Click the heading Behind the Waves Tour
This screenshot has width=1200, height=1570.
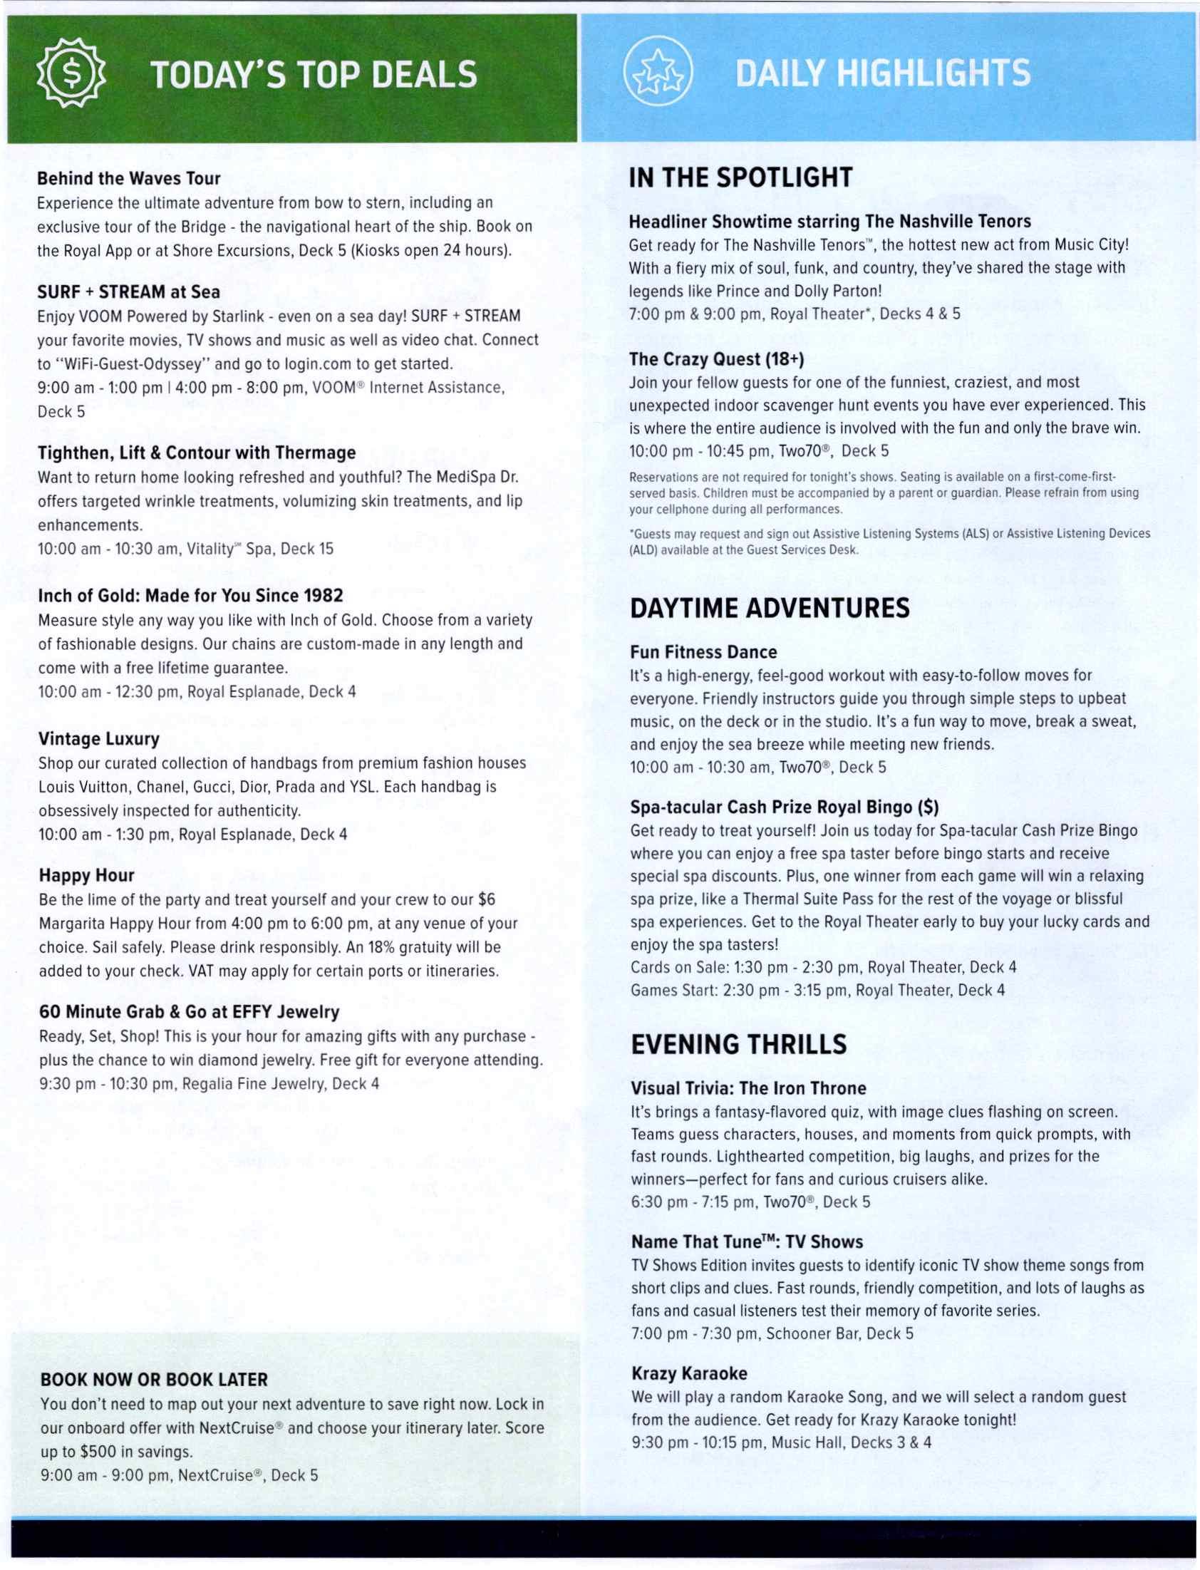pyautogui.click(x=128, y=178)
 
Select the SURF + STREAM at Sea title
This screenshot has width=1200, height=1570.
pyautogui.click(x=128, y=291)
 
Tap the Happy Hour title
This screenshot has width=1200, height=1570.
pyautogui.click(x=86, y=875)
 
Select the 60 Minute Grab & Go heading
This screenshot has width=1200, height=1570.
pyautogui.click(x=189, y=1011)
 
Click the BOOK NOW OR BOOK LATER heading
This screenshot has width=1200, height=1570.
pyautogui.click(x=155, y=1379)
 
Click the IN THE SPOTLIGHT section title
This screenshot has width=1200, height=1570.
pyautogui.click(x=740, y=177)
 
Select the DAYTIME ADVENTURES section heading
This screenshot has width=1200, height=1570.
pyautogui.click(x=770, y=608)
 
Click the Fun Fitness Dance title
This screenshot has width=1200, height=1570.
pyautogui.click(x=703, y=651)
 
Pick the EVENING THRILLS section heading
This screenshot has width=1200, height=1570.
pyautogui.click(x=738, y=1043)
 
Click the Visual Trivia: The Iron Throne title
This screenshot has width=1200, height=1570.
pyautogui.click(x=748, y=1088)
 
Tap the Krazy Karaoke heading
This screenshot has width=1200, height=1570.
pyautogui.click(x=688, y=1373)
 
